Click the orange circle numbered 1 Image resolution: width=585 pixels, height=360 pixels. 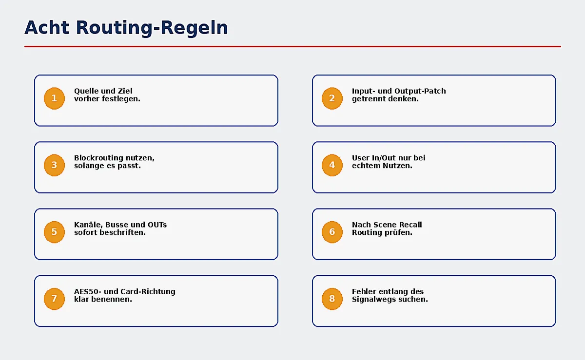pos(54,98)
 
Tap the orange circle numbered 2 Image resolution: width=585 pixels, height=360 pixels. pos(332,98)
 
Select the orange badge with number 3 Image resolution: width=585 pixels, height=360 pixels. pos(54,165)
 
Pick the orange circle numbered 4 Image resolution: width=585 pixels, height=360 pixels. pos(332,165)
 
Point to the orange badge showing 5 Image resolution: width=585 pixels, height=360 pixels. pos(54,232)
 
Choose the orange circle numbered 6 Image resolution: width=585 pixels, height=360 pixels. pos(332,232)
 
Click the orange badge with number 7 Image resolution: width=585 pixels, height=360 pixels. pos(54,299)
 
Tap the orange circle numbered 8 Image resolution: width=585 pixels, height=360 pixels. pos(332,299)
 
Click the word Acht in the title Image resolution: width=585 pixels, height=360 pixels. pos(47,28)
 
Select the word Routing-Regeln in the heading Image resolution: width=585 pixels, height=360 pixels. pos(152,29)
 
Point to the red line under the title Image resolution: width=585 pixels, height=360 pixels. pos(292,46)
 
